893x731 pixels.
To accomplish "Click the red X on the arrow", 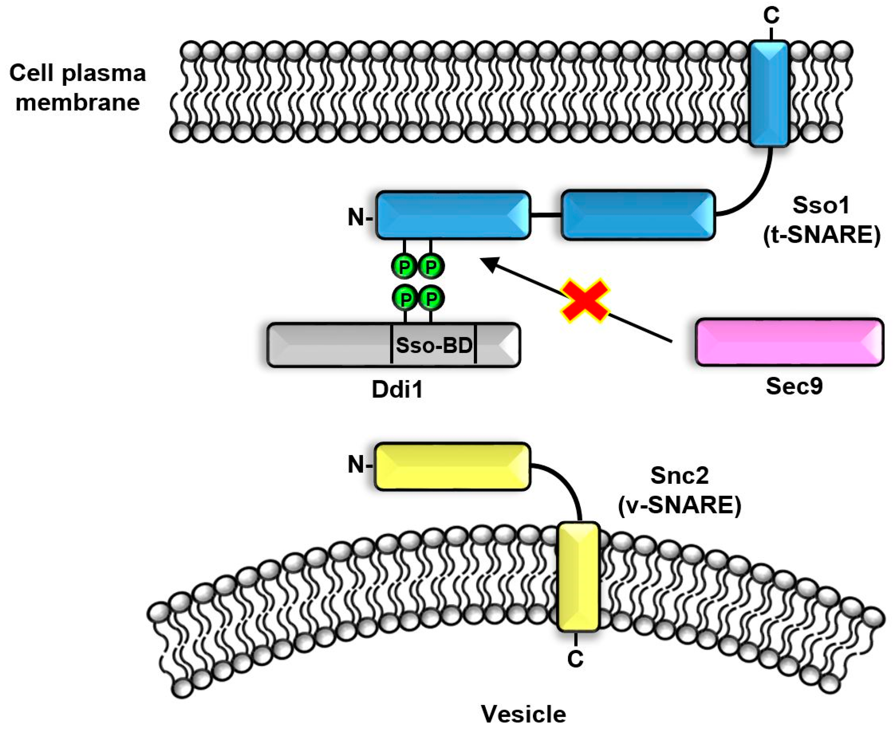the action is click(x=584, y=301).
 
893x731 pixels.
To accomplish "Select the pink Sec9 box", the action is click(x=789, y=342).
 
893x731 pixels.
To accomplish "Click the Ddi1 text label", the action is click(x=397, y=389).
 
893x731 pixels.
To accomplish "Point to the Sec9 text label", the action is click(x=794, y=386).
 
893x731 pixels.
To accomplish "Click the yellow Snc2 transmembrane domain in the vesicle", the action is click(x=578, y=577).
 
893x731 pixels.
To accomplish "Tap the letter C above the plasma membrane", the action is click(x=771, y=16).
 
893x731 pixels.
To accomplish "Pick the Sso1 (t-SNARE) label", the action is click(x=821, y=220).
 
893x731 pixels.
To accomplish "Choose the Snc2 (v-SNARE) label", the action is click(x=679, y=490).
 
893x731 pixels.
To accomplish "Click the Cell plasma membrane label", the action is click(x=78, y=88).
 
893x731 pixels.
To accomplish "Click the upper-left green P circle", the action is click(x=404, y=266).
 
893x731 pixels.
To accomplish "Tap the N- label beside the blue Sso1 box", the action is click(x=360, y=217).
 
